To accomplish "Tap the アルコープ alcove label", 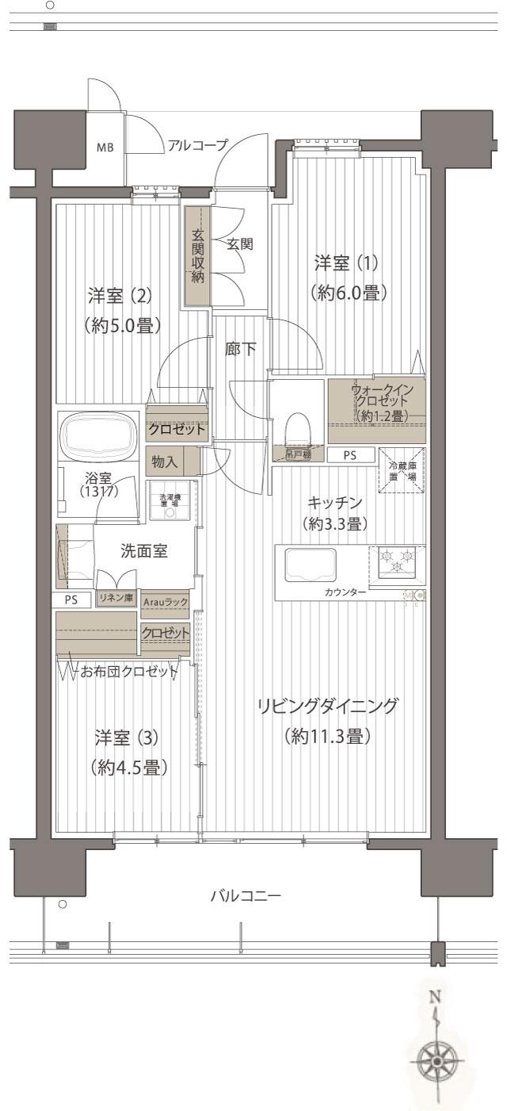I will coord(197,145).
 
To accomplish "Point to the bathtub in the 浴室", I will coord(99,437).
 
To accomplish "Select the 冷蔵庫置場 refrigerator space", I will coord(401,472).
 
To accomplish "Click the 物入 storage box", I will coord(164,460).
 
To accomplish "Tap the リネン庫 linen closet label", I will coord(115,598).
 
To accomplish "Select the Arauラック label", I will coord(165,603).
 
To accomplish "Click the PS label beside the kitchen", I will coord(349,455).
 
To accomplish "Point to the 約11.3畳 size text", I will coord(327,737).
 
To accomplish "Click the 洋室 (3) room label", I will coord(127,737).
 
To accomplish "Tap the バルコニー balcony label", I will coord(246,896).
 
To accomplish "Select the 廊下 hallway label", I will coord(240,348).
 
